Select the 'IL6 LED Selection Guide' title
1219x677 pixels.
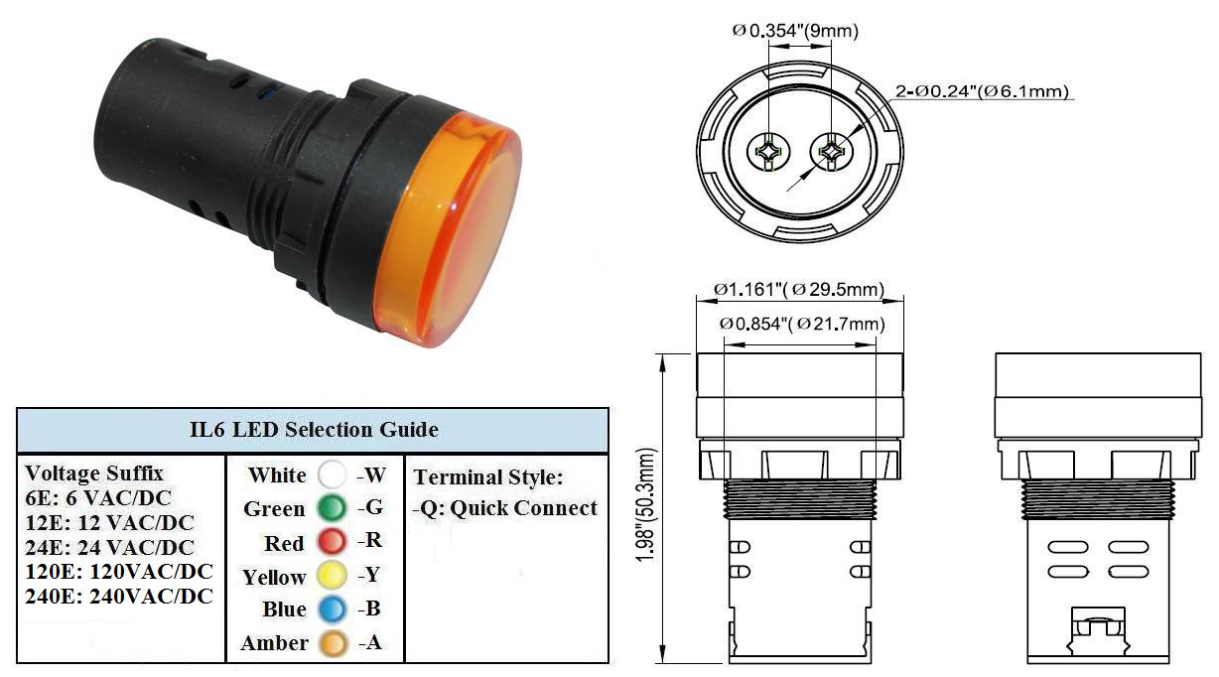(x=314, y=430)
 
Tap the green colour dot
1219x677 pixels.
(x=332, y=508)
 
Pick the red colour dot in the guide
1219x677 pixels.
(x=332, y=541)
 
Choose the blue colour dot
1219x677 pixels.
(x=332, y=609)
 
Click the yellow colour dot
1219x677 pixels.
(x=332, y=575)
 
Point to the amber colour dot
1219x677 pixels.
(x=333, y=643)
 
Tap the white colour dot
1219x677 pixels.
(x=332, y=474)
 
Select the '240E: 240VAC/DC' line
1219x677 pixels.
(x=119, y=597)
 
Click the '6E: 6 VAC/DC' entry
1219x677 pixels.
(x=98, y=498)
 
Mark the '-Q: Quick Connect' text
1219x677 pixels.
(x=505, y=508)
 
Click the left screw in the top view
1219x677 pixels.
(x=768, y=152)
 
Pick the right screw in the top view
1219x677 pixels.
(x=831, y=152)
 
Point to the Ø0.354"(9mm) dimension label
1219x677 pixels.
(x=795, y=31)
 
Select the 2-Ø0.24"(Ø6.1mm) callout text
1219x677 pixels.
(x=983, y=91)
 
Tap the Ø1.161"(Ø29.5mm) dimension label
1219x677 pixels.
(x=799, y=289)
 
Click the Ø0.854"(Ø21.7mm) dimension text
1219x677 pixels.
(x=802, y=325)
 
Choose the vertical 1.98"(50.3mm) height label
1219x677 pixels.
(x=647, y=505)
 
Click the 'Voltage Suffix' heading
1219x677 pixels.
(x=94, y=473)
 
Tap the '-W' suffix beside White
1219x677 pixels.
(x=371, y=475)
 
